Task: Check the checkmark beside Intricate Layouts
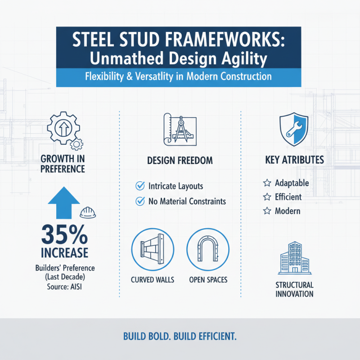139,185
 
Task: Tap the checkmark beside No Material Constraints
139,201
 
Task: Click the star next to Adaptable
266,184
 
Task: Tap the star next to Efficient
266,197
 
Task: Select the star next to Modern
266,211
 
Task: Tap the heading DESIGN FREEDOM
180,160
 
